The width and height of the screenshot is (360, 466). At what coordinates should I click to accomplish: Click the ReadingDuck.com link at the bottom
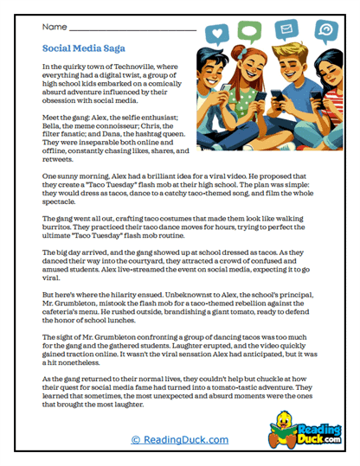180,440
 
